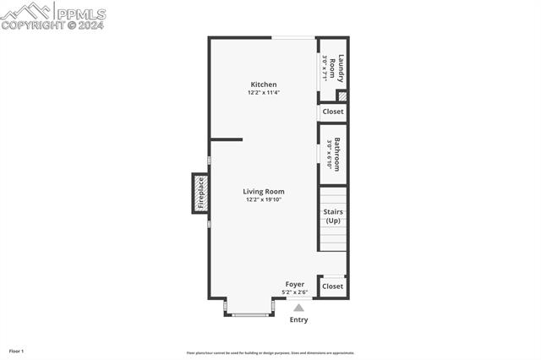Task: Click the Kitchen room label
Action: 263,85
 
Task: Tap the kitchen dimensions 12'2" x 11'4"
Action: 263,92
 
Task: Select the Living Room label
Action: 263,192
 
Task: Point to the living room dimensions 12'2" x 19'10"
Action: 263,200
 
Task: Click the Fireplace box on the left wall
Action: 200,193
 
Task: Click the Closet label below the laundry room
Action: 333,112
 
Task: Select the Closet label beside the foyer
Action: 333,286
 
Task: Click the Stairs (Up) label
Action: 333,216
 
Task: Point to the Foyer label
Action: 294,284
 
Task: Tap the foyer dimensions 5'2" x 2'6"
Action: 294,292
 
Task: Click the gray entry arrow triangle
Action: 298,308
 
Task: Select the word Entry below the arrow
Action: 298,320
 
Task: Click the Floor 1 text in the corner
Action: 17,351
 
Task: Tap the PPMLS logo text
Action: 80,14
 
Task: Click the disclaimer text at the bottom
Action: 270,353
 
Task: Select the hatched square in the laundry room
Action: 342,95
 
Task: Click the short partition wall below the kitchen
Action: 226,139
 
